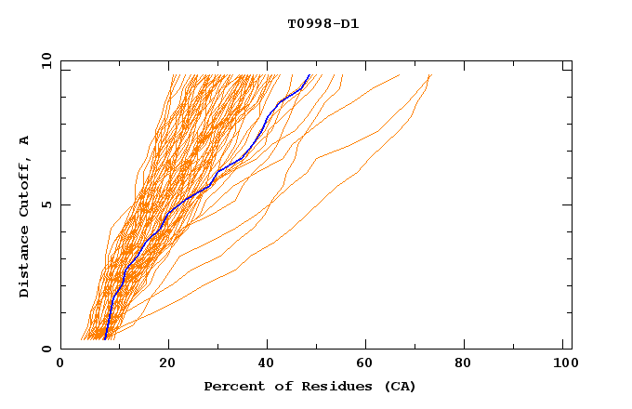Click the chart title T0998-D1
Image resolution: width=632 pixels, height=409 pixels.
(323, 24)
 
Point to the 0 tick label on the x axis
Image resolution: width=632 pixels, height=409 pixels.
(60, 363)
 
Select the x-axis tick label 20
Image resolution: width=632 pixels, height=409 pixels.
(167, 363)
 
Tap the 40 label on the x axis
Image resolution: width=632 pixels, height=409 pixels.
(269, 363)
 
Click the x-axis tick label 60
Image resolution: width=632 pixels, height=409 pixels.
(369, 363)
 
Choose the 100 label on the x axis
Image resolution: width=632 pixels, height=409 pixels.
(563, 363)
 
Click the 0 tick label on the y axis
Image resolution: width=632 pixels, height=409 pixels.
(46, 349)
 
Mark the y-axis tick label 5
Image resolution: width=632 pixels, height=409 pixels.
(46, 204)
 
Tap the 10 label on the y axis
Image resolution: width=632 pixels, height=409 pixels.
(46, 60)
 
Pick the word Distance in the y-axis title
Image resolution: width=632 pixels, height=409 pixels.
(25, 265)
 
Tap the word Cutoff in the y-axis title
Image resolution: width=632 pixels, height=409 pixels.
(25, 187)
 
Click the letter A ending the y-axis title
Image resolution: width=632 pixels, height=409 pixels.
(25, 140)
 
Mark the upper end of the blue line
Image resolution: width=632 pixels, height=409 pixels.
(309, 74)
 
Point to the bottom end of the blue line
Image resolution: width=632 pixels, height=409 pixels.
(105, 338)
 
